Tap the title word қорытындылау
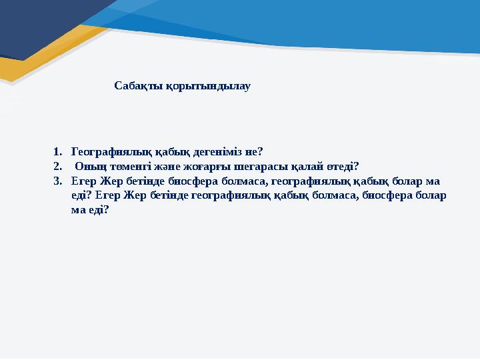click(208, 87)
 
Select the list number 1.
click(57, 151)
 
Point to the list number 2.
click(57, 166)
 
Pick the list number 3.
click(57, 181)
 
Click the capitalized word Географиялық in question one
click(111, 152)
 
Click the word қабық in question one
click(173, 152)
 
